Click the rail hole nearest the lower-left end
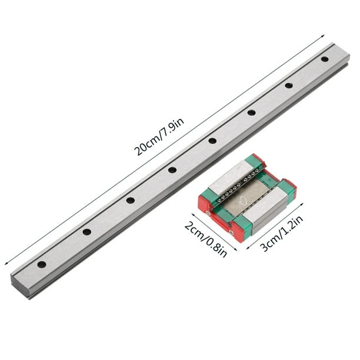[42, 264]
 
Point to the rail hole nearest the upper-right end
[325, 59]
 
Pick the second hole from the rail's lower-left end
[86, 232]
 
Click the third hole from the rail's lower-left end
[130, 200]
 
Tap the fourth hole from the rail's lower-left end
[172, 170]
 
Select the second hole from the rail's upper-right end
[289, 85]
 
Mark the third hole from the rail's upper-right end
[251, 112]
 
